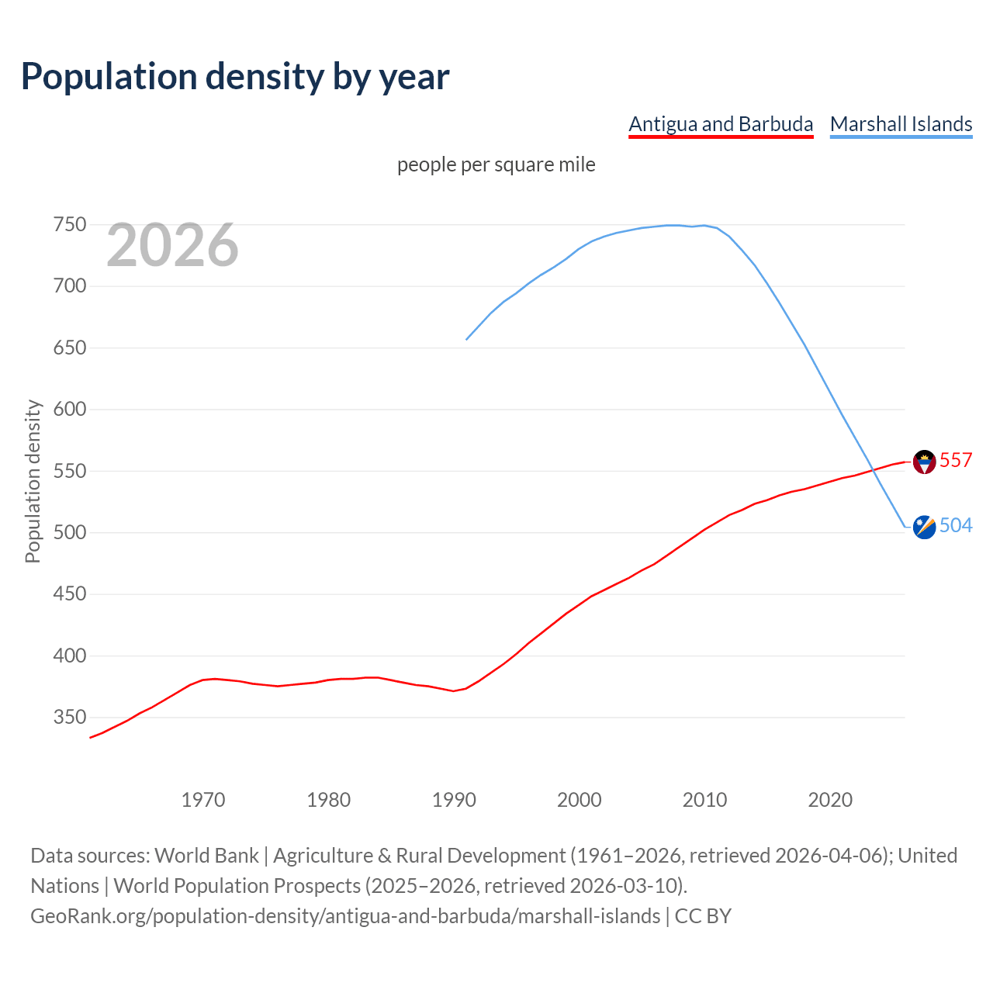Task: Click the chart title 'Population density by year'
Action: (x=235, y=76)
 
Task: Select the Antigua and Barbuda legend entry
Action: (x=721, y=124)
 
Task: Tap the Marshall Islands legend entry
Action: (x=901, y=124)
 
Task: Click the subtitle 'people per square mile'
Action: (x=496, y=164)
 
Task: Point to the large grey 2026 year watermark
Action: (x=172, y=245)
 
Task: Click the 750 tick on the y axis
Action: (x=69, y=225)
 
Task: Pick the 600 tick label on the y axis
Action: (x=69, y=410)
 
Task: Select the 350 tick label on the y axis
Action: (x=69, y=718)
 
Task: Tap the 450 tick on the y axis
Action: (x=69, y=594)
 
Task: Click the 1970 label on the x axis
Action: (x=203, y=800)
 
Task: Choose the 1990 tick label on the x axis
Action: (x=454, y=800)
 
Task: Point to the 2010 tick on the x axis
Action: (x=704, y=800)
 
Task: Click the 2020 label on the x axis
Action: (x=830, y=800)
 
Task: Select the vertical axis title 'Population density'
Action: (x=33, y=481)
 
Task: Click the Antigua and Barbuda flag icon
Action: (x=924, y=462)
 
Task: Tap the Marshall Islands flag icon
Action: (x=924, y=527)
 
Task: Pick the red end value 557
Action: (x=956, y=460)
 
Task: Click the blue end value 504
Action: (x=956, y=525)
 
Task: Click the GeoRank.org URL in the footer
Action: (x=345, y=916)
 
